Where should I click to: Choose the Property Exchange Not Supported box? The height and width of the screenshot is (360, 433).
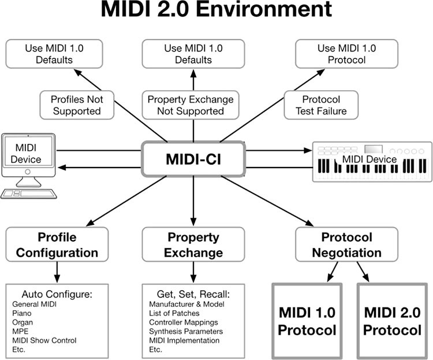pyautogui.click(x=191, y=105)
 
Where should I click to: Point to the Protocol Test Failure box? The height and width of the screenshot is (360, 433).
pyautogui.click(x=321, y=105)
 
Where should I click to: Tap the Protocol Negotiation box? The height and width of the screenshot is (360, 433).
pyautogui.click(x=346, y=245)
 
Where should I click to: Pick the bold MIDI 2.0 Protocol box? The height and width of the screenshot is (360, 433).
pyautogui.click(x=393, y=321)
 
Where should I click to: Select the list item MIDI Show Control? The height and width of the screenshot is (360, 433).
pyautogui.click(x=44, y=340)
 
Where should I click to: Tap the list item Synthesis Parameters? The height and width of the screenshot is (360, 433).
pyautogui.click(x=185, y=331)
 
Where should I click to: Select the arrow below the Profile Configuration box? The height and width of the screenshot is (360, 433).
pyautogui.click(x=57, y=272)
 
